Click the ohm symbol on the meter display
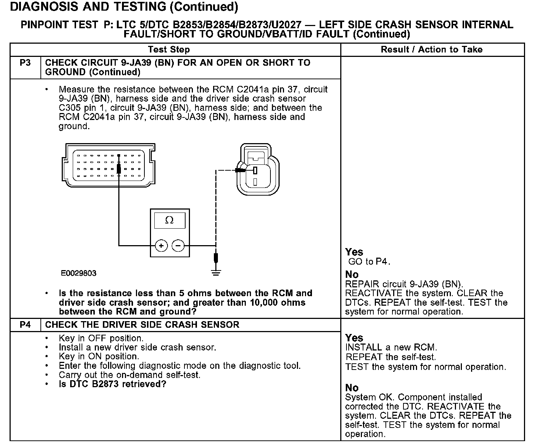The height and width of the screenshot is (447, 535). pos(169,220)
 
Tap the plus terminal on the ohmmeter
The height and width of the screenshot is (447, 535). pos(161,245)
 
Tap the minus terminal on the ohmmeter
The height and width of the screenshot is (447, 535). pos(178,245)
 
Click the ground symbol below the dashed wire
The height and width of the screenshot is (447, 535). pos(216,273)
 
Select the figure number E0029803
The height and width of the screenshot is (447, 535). pos(79,273)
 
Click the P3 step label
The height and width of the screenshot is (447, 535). pos(25,63)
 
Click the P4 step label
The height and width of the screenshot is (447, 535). pos(25,325)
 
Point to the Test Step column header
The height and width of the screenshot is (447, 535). pos(169,50)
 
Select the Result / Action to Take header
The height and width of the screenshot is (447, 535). pos(432,50)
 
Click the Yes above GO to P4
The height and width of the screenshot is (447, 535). pos(354,252)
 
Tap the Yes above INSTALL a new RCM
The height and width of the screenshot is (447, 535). pos(354,338)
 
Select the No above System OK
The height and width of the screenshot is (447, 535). pos(352,388)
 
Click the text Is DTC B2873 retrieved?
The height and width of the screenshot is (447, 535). pos(112,384)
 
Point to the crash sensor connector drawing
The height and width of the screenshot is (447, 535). pos(257,169)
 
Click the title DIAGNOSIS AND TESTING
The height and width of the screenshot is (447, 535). pos(124,7)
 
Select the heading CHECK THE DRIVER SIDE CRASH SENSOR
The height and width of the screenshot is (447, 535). pos(142,325)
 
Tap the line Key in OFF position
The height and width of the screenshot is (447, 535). pos(101,338)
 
